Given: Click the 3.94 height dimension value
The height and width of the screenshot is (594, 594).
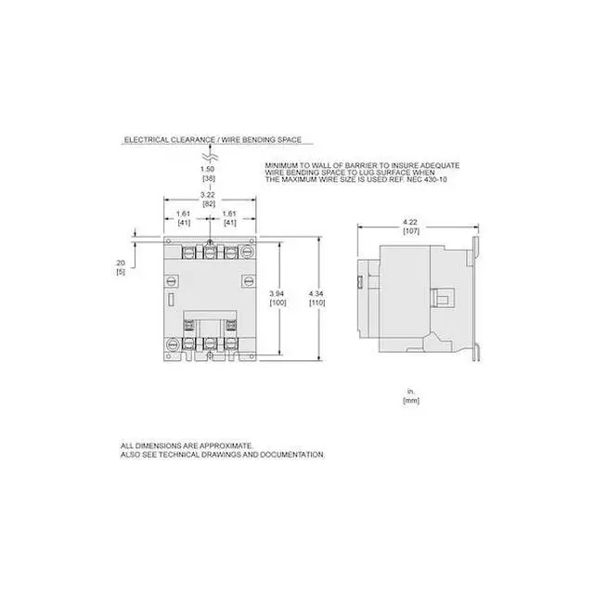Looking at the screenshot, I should click(278, 295).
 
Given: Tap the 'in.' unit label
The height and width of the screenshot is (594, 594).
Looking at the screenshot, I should click(408, 392).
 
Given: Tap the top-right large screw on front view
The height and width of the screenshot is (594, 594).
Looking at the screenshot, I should click(250, 248).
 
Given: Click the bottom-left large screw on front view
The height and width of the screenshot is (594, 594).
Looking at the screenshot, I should click(173, 344).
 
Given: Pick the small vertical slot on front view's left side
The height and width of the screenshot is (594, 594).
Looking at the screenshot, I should click(174, 299).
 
